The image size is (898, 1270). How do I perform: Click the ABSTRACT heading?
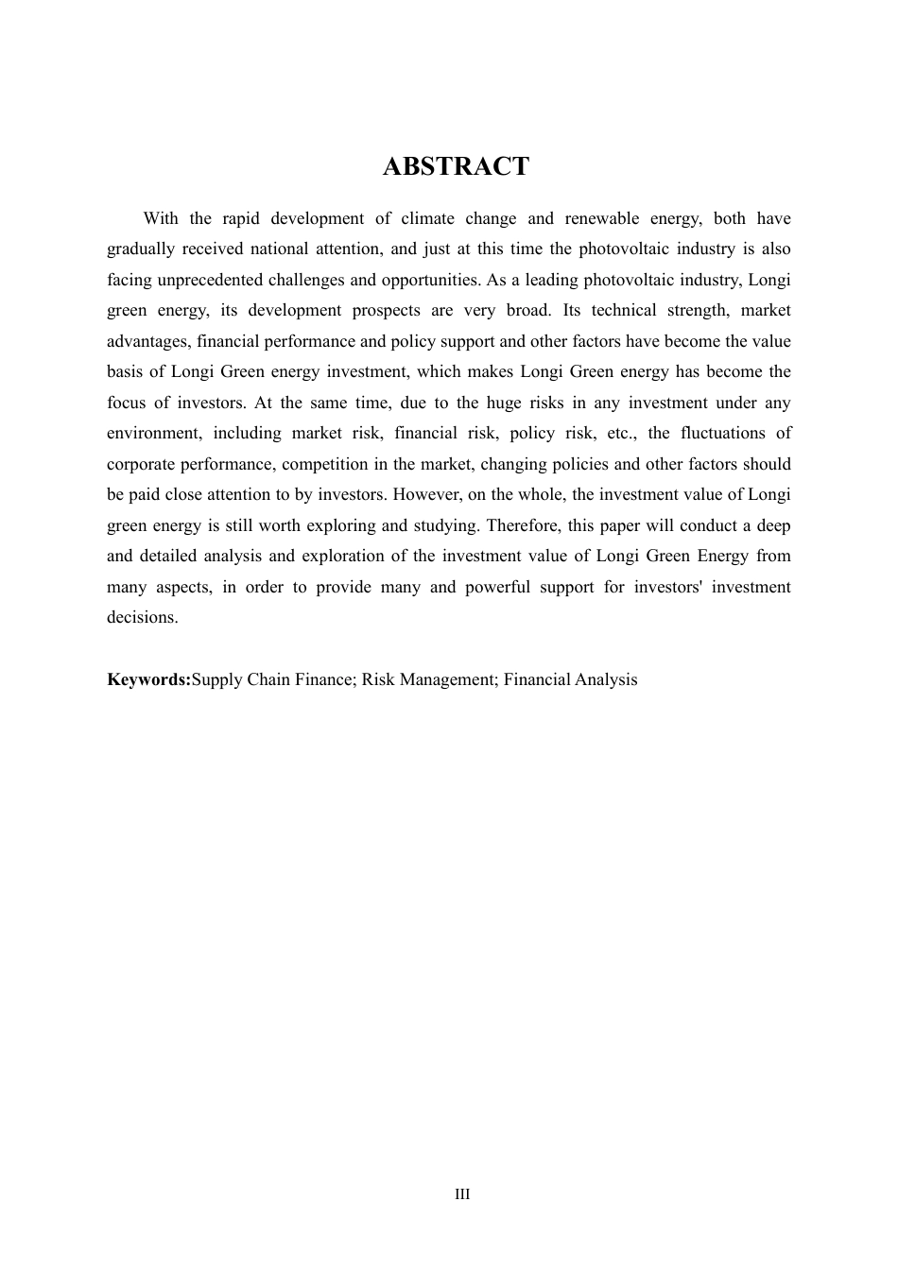[x=456, y=166]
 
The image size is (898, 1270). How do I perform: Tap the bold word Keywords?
[x=147, y=679]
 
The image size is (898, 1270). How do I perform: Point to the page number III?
[x=462, y=1194]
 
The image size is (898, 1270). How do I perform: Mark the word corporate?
[x=141, y=464]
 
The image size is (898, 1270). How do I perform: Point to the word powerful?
[x=497, y=587]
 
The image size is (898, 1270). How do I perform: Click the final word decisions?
[x=142, y=617]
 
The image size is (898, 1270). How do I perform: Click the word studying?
[x=443, y=525]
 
